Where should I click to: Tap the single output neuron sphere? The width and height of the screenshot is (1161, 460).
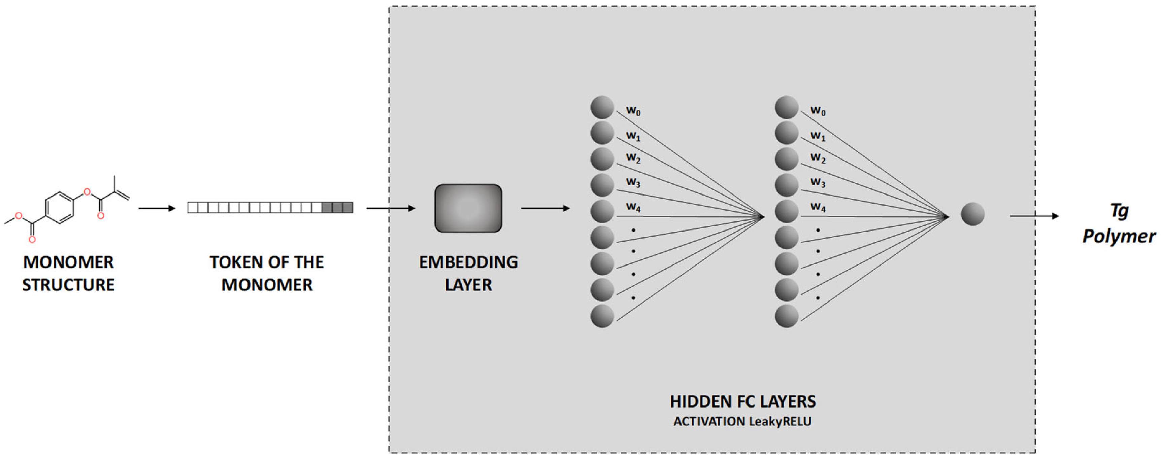tap(972, 214)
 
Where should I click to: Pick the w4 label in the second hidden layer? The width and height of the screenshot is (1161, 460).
tap(818, 207)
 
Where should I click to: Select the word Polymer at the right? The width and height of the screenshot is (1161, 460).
tap(1119, 236)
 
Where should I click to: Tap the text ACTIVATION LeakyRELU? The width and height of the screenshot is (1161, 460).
tap(742, 422)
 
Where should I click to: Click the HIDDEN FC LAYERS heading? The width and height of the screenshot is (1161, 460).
tap(742, 401)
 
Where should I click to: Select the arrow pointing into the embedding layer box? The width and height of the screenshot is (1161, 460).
tap(390, 208)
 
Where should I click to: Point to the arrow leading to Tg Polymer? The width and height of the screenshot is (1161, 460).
tap(1034, 216)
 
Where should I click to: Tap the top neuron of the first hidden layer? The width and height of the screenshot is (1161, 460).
tap(602, 107)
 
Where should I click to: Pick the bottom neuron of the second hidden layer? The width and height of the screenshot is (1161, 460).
tap(787, 316)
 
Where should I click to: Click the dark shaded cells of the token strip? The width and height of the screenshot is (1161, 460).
tap(338, 207)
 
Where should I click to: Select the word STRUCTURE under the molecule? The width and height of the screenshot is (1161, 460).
tap(68, 285)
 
